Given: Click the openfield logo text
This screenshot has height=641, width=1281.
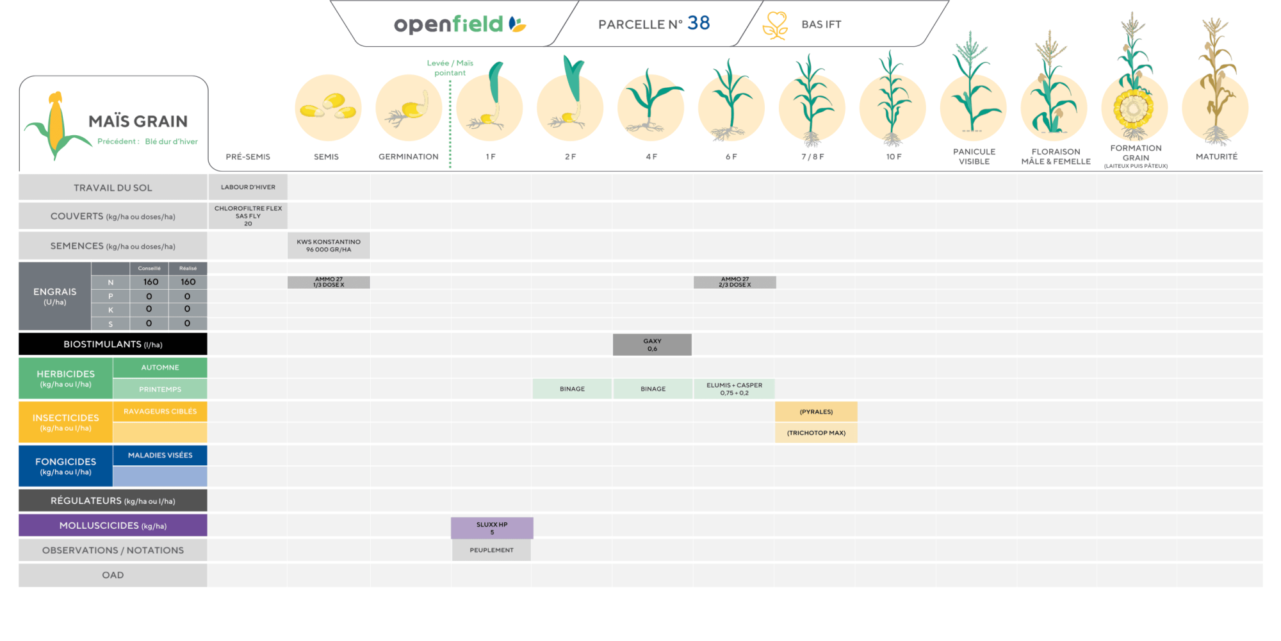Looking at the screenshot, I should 448,24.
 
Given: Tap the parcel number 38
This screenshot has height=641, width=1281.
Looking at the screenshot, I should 698,23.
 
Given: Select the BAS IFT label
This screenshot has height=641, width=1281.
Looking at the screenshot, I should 821,24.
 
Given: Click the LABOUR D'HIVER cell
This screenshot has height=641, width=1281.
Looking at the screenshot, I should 248,187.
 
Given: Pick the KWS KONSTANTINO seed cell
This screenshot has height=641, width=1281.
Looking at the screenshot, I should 329,246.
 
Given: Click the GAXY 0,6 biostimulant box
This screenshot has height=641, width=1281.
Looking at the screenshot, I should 652,345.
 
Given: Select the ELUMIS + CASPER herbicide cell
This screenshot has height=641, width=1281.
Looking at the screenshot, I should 734,389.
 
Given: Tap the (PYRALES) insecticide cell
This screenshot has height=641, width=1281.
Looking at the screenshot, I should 816,412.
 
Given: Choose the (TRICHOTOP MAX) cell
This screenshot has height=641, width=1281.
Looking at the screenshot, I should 816,433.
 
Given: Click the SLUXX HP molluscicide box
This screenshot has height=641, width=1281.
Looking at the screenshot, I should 492,528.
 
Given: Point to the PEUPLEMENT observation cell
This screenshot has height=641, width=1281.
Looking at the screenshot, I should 491,550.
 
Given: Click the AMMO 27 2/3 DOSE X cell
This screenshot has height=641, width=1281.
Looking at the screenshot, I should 735,282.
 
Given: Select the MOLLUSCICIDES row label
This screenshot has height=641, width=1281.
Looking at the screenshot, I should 113,526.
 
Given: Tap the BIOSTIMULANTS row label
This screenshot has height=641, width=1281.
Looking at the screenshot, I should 113,344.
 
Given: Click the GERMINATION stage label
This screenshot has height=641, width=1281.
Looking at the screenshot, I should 409,156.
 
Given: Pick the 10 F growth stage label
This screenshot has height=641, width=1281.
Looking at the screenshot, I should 893,156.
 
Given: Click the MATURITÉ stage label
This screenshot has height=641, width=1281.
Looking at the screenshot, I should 1216,156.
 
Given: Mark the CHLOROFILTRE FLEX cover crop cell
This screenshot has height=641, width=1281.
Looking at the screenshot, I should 248,216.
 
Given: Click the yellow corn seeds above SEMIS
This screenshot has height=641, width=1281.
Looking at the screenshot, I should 328,106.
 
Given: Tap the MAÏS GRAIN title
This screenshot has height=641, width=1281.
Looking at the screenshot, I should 138,121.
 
